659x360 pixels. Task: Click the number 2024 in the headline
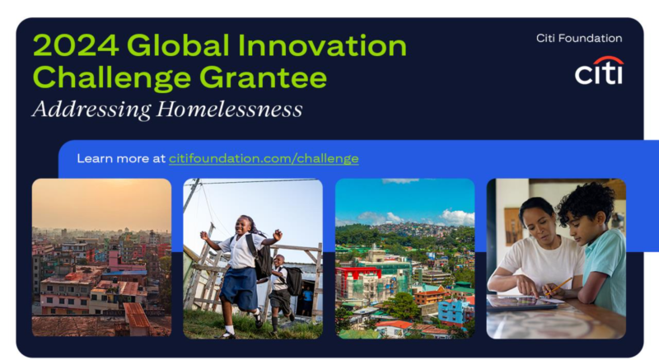75,45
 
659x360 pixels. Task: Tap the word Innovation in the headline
322,45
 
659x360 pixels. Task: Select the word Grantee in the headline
263,77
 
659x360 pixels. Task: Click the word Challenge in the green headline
112,77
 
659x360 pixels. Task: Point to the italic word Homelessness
230,110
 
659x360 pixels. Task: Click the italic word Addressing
91,110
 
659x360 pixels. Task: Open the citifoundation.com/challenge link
264,158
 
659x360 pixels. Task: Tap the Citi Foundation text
579,38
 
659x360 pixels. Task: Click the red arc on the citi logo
608,59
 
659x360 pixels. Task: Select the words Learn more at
121,158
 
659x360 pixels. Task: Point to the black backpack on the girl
260,256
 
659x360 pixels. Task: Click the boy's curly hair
586,202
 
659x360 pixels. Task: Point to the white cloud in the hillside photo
457,217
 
